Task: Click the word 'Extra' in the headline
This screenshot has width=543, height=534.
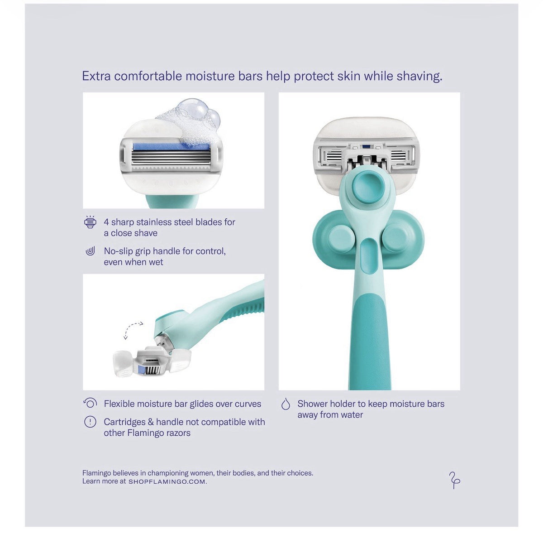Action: [96, 76]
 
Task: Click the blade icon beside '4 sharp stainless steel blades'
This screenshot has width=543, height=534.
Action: [90, 222]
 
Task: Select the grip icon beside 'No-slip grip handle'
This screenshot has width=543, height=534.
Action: [90, 251]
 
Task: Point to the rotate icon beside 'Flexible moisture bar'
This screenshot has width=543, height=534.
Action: [90, 403]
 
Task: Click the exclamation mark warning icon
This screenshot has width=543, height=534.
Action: [90, 422]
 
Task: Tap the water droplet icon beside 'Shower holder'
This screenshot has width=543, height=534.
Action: [286, 404]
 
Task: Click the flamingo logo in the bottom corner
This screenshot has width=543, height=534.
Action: [454, 480]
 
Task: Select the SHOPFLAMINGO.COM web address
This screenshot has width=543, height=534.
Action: [168, 481]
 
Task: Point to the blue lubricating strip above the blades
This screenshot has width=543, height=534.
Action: [171, 148]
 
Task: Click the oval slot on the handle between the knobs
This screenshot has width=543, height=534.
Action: [367, 252]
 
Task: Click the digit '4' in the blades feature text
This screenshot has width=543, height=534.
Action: [106, 222]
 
